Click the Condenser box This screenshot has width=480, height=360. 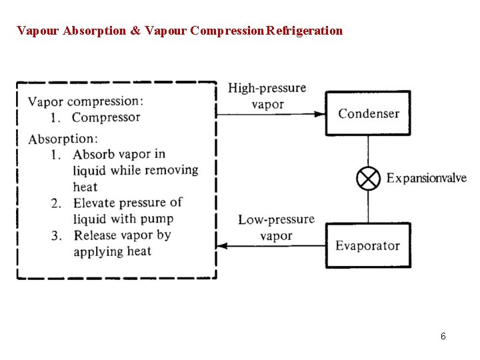click(368, 113)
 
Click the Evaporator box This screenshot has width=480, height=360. click(368, 245)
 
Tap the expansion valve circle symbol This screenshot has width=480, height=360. click(369, 178)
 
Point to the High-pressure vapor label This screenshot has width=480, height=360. click(267, 96)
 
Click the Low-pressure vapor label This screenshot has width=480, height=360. click(276, 227)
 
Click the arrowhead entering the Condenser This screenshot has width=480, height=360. click(319, 114)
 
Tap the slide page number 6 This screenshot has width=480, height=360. click(443, 336)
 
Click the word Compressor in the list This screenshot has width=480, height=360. click(106, 117)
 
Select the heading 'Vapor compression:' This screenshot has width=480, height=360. click(85, 101)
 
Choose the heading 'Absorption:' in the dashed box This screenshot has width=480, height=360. click(63, 139)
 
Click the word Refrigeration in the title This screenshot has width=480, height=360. click(305, 31)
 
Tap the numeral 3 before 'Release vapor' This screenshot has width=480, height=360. click(57, 235)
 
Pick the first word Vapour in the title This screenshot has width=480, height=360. click(38, 31)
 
